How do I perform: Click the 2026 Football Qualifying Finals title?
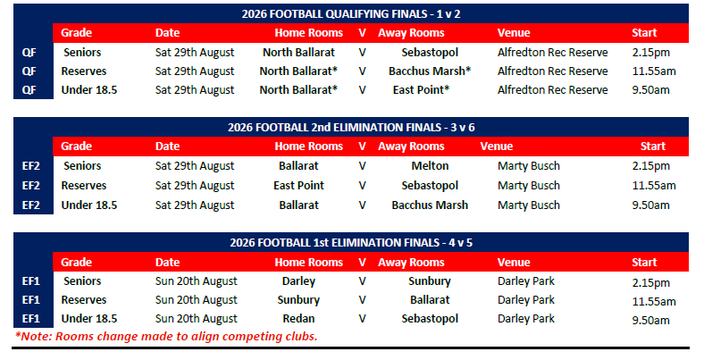tap(351, 14)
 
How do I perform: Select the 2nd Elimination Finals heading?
tap(351, 128)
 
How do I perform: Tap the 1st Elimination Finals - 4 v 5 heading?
tap(351, 243)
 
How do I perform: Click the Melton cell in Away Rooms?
tap(430, 165)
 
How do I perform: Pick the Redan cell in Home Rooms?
tap(298, 319)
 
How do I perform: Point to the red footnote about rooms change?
tap(166, 336)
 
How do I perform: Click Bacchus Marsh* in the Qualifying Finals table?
tap(430, 71)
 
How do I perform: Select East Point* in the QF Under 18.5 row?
tap(421, 89)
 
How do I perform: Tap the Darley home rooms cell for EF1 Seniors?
tap(298, 281)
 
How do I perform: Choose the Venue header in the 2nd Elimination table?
tap(496, 147)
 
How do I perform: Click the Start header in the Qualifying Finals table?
tap(644, 33)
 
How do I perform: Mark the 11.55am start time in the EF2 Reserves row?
tap(654, 186)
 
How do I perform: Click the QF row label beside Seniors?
tap(29, 53)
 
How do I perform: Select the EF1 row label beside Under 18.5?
tap(31, 319)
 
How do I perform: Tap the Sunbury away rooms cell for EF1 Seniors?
tap(430, 281)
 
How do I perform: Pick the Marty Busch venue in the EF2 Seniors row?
tap(529, 165)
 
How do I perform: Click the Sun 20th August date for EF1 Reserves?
tap(197, 300)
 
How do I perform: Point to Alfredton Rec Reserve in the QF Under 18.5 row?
tap(553, 89)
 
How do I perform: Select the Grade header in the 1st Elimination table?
tap(76, 262)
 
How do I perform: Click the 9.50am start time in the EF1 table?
tap(650, 321)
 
